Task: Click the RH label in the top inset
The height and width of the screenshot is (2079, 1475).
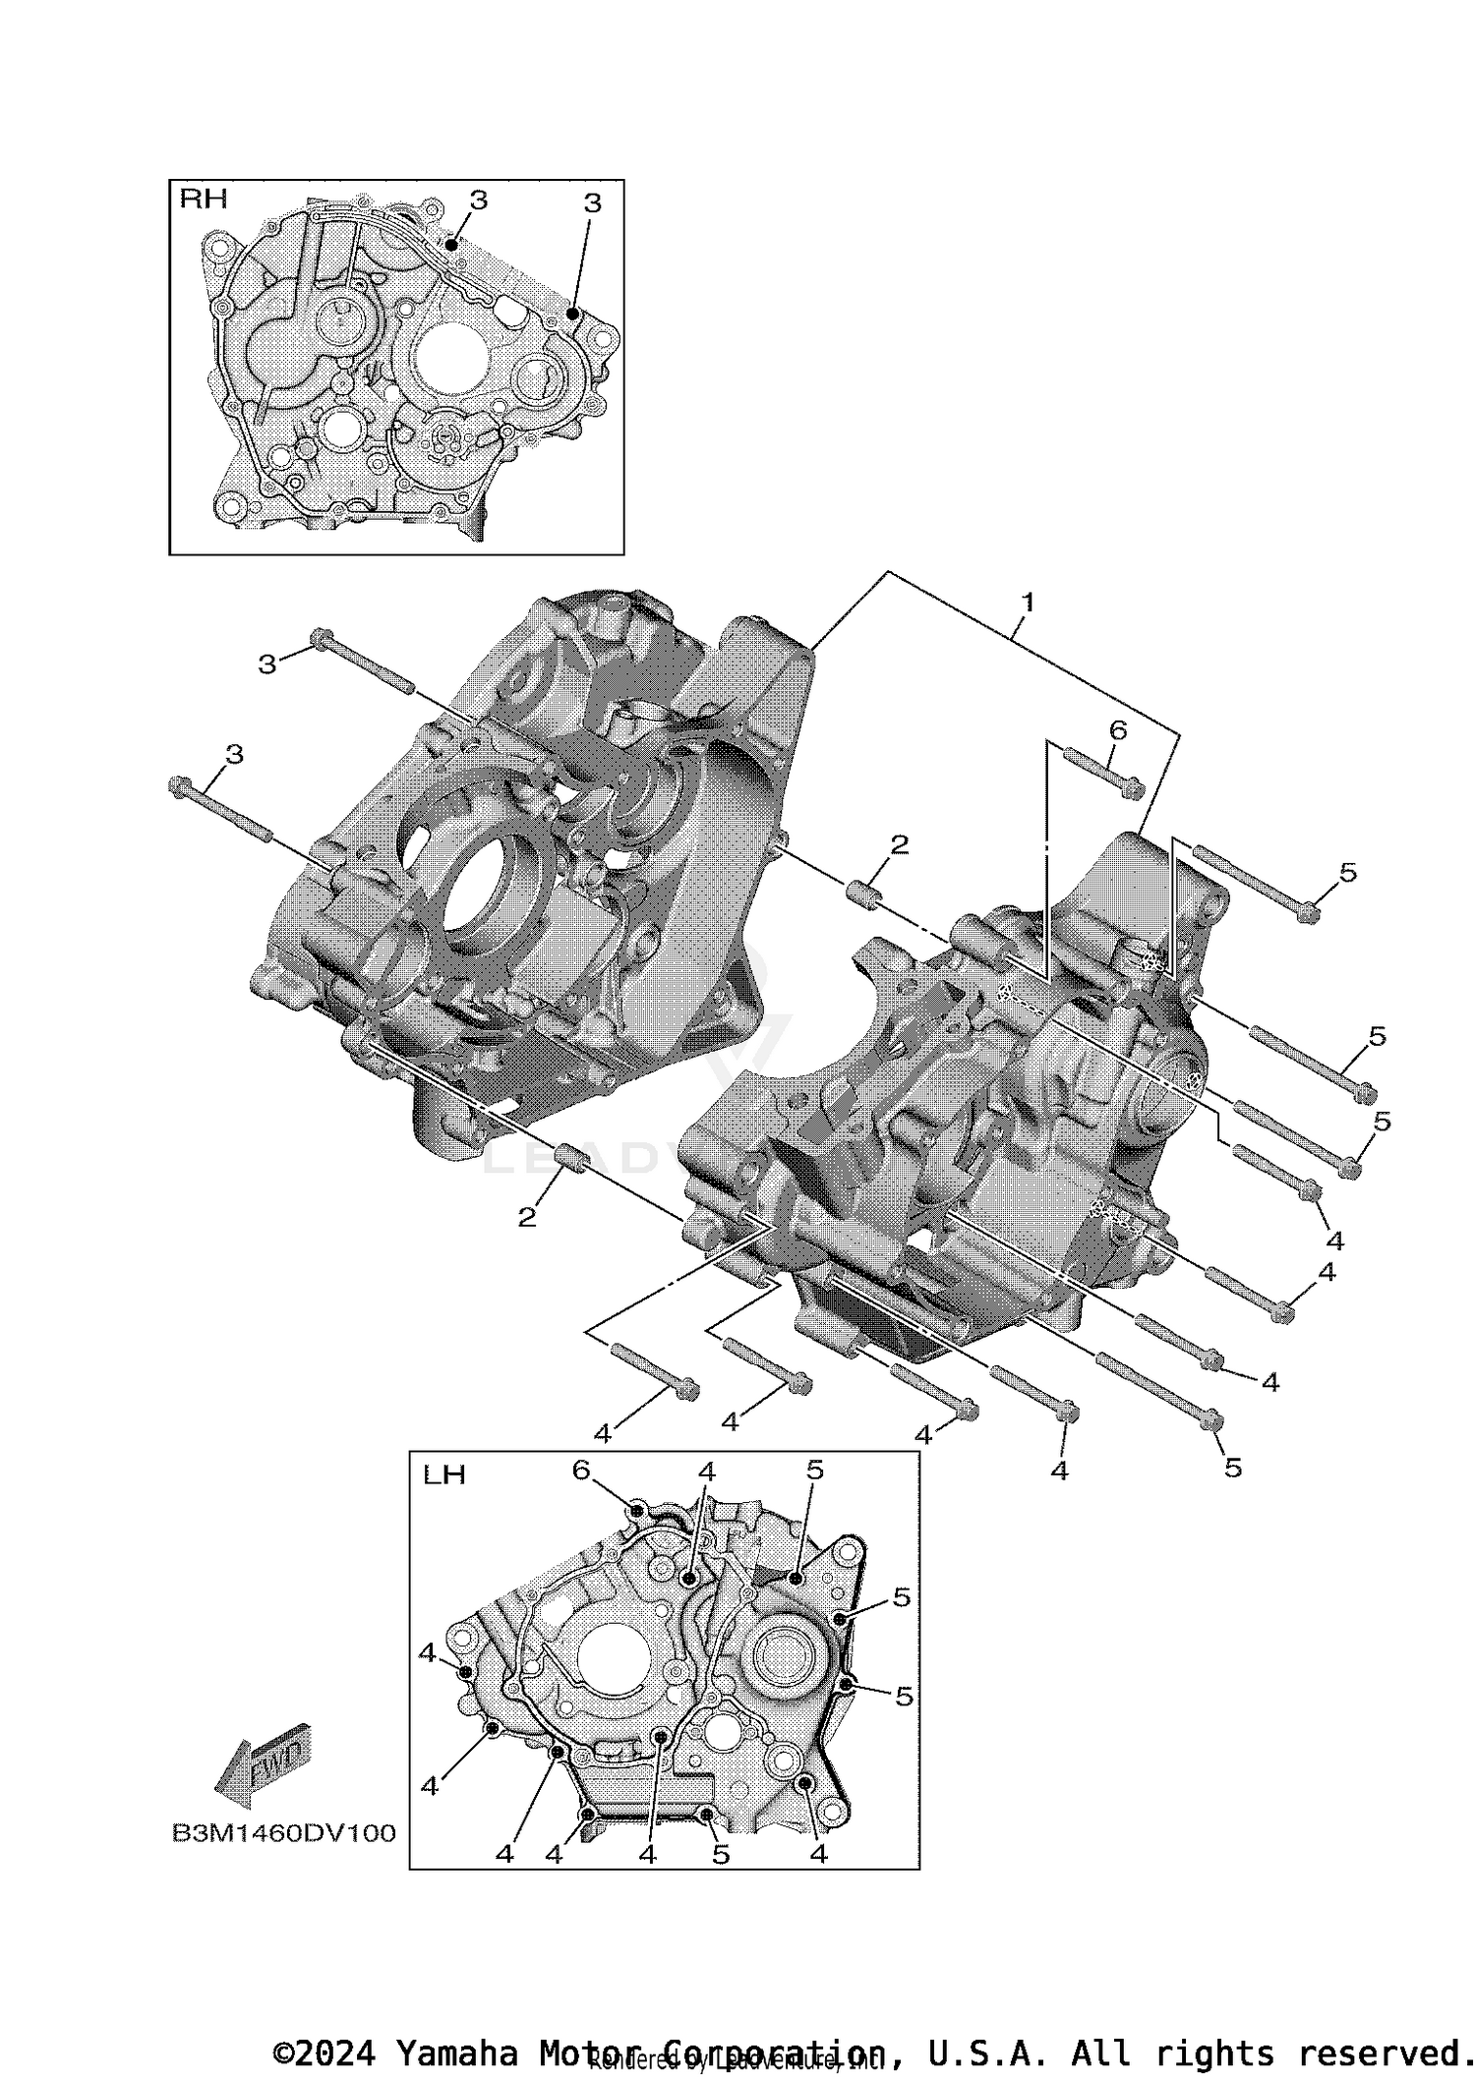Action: (x=203, y=200)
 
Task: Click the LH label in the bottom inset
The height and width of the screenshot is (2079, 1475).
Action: (x=443, y=1475)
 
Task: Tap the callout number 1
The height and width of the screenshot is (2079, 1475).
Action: (x=1028, y=602)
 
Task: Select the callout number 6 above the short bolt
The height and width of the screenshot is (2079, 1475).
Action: (x=1117, y=730)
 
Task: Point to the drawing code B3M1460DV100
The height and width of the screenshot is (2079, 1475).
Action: (x=283, y=1833)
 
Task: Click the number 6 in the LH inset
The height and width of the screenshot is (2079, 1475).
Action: (x=581, y=1471)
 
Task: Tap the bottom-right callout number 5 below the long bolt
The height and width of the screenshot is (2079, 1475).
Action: (x=1233, y=1468)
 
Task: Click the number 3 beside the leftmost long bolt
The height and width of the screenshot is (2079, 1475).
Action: (x=234, y=755)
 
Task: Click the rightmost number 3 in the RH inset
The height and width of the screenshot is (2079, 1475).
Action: (x=592, y=203)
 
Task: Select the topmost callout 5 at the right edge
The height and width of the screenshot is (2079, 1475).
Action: (x=1347, y=872)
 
